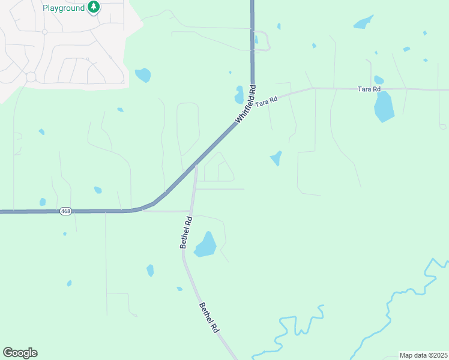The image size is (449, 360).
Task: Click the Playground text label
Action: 64,8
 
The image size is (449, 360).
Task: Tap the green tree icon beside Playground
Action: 93,7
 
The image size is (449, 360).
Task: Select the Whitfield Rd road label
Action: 246,104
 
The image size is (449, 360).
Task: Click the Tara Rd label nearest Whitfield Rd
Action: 266,101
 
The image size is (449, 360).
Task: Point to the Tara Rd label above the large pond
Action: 369,89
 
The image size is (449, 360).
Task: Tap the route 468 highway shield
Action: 65,211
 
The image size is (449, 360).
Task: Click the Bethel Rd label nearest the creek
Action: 209,318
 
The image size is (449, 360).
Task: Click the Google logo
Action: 20,353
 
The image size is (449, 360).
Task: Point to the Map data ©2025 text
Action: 423,355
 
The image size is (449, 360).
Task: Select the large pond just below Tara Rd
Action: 384,106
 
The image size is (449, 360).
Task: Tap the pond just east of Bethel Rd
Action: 205,245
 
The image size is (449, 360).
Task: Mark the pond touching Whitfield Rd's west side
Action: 240,95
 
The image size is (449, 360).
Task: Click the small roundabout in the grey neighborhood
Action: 31,77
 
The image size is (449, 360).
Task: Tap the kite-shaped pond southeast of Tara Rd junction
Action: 276,158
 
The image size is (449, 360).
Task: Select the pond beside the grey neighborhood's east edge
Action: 143,75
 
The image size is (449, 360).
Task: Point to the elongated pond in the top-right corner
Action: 363,23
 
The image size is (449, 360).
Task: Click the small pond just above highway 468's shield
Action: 43,202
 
